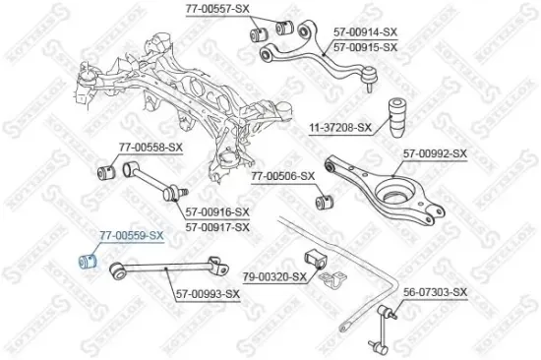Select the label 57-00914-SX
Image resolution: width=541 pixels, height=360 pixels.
366,32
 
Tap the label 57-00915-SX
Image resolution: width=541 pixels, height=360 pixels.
366,46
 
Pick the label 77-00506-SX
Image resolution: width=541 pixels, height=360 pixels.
282,176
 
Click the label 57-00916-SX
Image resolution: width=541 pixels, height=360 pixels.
216,212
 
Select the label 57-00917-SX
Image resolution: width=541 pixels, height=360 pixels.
216,226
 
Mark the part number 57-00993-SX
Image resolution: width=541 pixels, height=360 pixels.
208,293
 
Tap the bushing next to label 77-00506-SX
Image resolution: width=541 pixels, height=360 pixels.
320,203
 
